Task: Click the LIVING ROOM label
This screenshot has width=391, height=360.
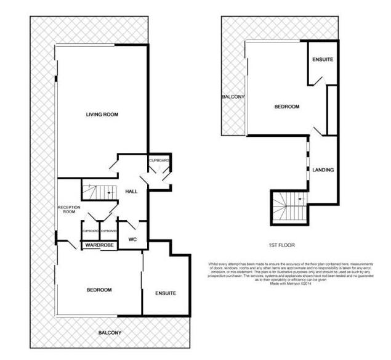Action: [102, 114]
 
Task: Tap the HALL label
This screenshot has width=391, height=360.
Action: [131, 192]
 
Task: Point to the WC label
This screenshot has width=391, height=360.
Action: [132, 239]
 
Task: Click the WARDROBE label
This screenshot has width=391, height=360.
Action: [98, 245]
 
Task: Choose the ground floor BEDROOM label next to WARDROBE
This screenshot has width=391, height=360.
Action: [99, 290]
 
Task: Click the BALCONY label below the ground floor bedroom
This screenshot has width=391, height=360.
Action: [110, 333]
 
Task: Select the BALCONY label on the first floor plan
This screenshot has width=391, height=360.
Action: [233, 97]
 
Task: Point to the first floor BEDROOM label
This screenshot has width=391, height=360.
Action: [287, 107]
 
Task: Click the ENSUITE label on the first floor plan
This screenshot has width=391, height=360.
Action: [323, 60]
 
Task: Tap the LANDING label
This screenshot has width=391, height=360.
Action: [323, 170]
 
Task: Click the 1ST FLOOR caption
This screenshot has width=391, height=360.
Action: [283, 245]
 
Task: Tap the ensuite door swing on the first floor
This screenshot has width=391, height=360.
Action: [315, 79]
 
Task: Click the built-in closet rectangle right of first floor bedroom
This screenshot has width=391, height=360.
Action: [332, 110]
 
